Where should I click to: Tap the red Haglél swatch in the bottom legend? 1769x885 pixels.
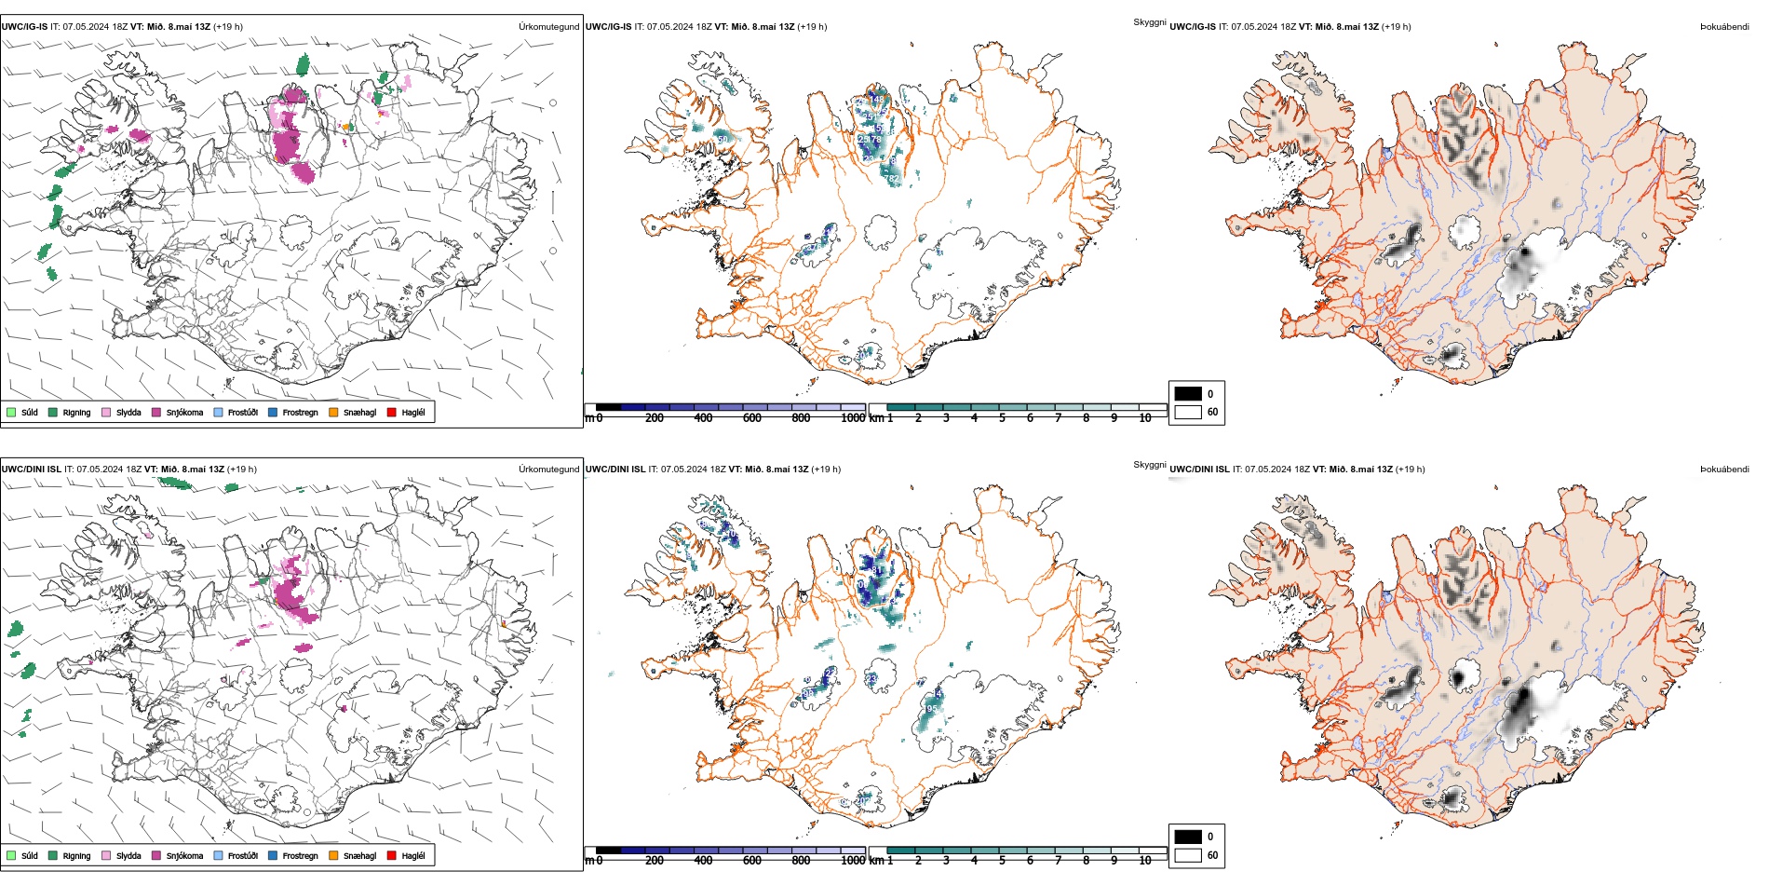[x=392, y=855]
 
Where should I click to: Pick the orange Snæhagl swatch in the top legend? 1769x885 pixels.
[x=333, y=413]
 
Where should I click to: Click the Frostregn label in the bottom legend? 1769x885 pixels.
[x=300, y=855]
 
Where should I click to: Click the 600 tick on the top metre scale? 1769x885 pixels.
[x=752, y=418]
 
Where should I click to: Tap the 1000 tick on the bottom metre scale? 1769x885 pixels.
[x=853, y=861]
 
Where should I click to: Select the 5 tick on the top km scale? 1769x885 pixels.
[x=1002, y=418]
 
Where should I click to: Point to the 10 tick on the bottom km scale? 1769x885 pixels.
[x=1145, y=861]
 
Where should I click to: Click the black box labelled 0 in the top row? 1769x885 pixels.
[x=1188, y=394]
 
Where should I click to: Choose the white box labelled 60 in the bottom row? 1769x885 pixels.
[x=1188, y=855]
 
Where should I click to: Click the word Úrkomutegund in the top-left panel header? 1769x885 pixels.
[x=548, y=27]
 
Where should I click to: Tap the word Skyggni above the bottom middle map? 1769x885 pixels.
[x=1150, y=465]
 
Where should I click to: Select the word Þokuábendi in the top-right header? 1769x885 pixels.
[x=1724, y=27]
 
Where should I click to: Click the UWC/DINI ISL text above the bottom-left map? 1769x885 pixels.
[x=31, y=470]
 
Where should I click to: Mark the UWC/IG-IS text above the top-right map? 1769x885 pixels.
[x=1193, y=27]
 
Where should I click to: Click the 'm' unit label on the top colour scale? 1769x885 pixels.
[x=588, y=418]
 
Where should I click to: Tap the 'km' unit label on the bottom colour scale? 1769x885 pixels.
[x=876, y=861]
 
